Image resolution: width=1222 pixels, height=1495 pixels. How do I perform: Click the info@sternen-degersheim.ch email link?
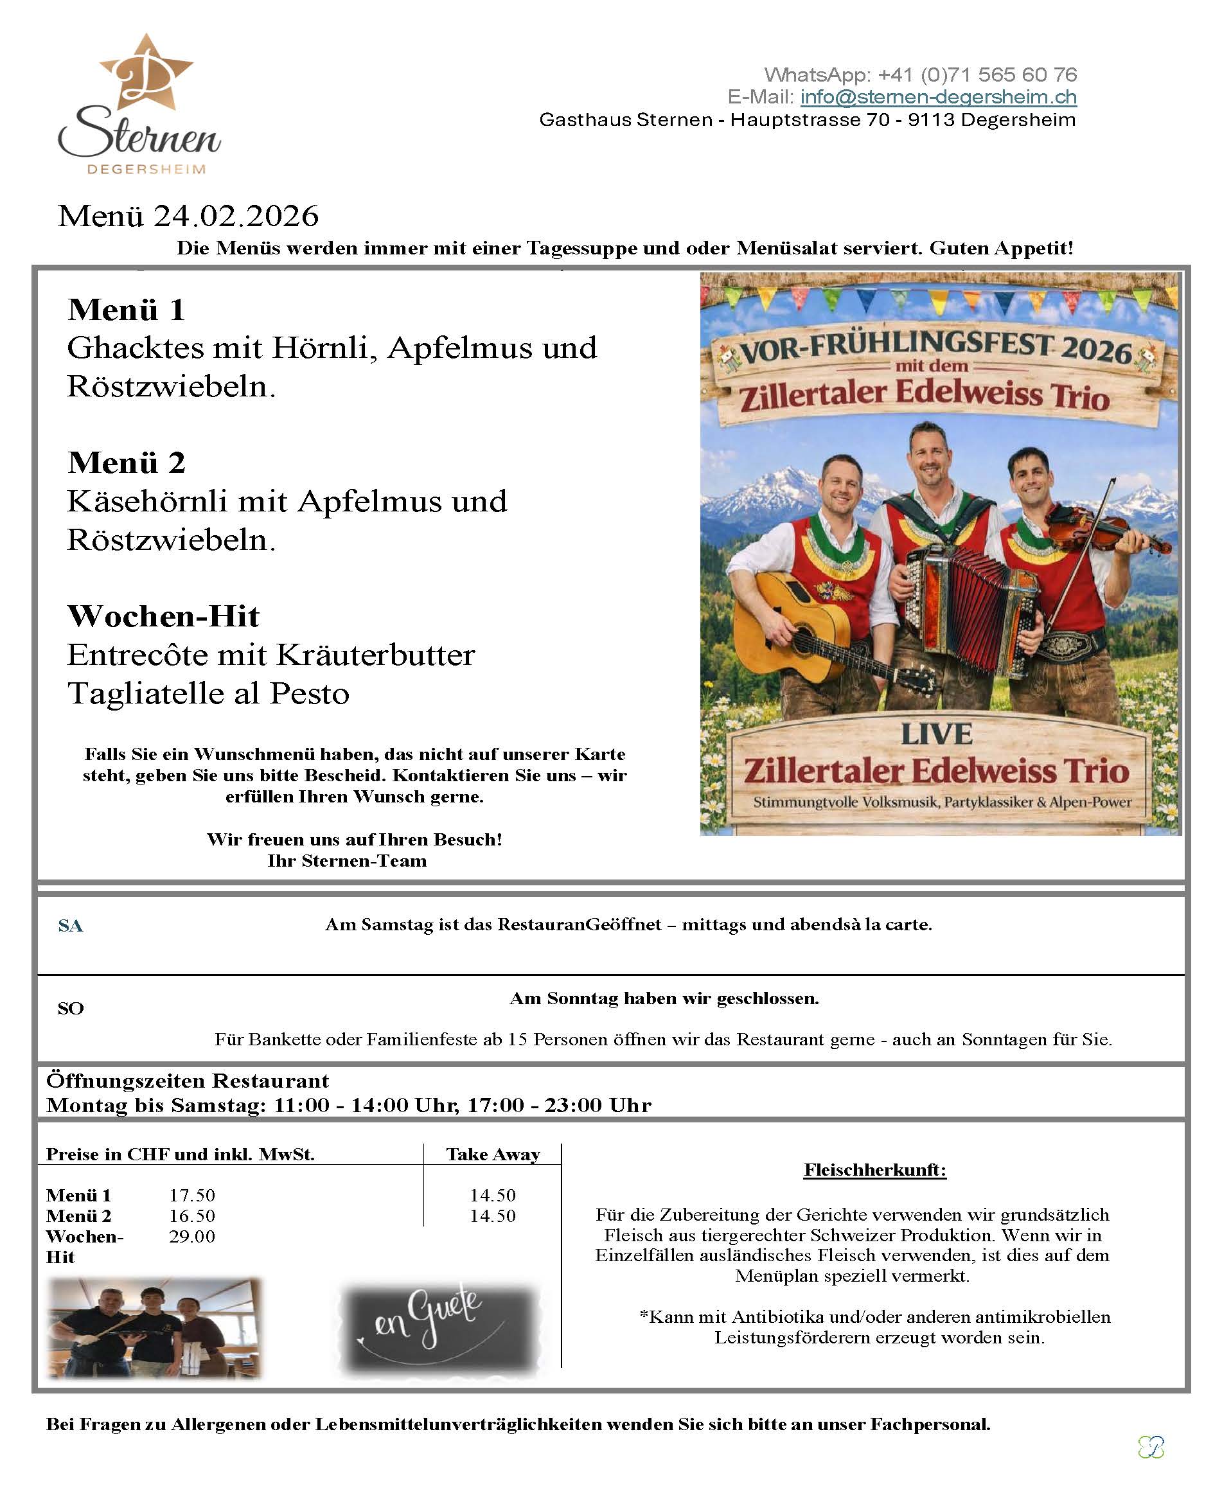click(937, 97)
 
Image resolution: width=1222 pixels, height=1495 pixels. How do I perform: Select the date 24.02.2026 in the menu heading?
click(236, 216)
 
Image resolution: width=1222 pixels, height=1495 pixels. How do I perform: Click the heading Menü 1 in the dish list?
click(127, 310)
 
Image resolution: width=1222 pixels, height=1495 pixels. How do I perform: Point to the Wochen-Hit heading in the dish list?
click(163, 617)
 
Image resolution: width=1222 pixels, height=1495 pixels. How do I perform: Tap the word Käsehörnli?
click(147, 502)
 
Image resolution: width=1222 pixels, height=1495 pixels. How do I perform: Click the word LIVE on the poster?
click(937, 734)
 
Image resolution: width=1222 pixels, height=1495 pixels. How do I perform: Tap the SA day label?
click(71, 926)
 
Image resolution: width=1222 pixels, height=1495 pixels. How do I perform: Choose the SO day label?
click(71, 1009)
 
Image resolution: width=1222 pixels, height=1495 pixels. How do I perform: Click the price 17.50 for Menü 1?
click(192, 1195)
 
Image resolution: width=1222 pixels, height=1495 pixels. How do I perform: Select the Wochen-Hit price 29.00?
click(192, 1236)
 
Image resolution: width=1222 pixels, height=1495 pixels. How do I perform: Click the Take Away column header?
click(493, 1154)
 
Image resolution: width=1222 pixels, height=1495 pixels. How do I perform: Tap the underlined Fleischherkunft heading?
click(875, 1170)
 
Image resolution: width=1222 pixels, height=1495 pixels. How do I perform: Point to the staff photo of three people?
click(154, 1327)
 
